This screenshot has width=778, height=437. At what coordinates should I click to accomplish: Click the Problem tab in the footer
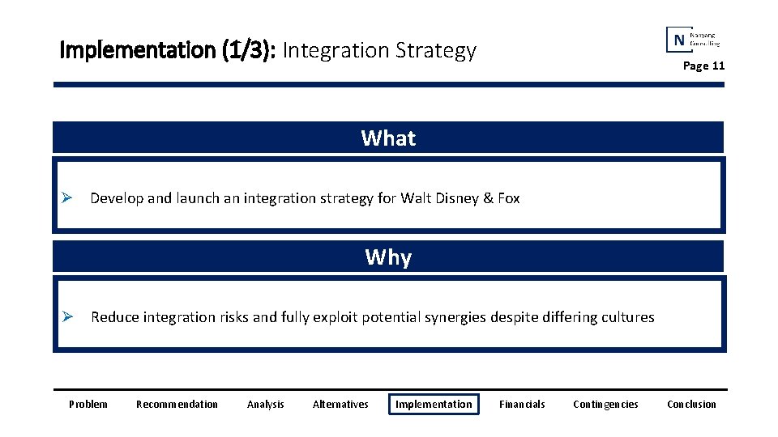coord(88,404)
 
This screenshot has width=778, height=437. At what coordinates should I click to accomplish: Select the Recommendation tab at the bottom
coord(177,404)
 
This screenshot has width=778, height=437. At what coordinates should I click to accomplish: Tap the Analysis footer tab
coord(265,404)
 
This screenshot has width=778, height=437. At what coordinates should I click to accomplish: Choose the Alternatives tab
coord(340,404)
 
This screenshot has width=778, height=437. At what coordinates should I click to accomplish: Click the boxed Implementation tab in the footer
coord(434,404)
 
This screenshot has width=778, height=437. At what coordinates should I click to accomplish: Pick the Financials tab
coord(522,404)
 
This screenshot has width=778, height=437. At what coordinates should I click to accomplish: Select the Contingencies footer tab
coord(605,404)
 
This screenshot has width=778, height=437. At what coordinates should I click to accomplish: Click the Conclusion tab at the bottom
coord(691,404)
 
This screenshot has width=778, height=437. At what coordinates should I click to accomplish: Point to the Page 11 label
coord(703,66)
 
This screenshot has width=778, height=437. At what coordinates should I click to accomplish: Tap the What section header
coord(388,138)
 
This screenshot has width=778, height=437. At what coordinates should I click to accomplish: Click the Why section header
coord(388,257)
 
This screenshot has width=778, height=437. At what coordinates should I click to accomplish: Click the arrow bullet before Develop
coord(69,198)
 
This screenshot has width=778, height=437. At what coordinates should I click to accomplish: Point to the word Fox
coord(508,198)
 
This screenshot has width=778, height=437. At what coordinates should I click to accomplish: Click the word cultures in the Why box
coord(627,317)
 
